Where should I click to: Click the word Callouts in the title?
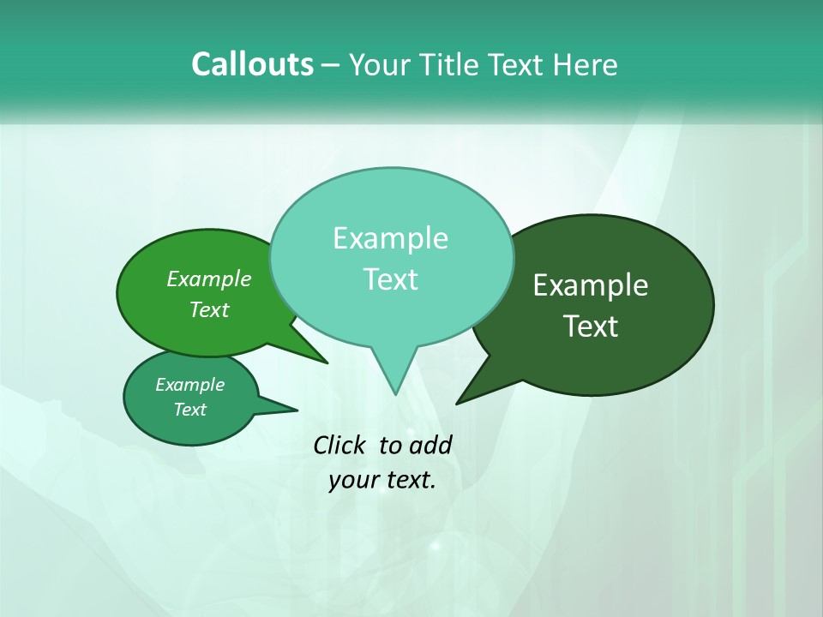tap(252, 64)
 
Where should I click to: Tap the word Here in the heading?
tap(586, 65)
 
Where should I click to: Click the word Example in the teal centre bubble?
tap(390, 238)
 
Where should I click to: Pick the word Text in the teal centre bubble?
tap(390, 279)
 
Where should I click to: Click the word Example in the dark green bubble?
tap(591, 285)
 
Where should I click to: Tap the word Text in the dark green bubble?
tap(591, 326)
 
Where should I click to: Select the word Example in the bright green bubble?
tap(209, 279)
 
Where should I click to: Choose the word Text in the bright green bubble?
tap(209, 310)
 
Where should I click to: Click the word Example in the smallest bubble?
tap(189, 385)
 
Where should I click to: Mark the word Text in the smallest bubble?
tap(189, 410)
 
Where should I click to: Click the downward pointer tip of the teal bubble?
tap(394, 393)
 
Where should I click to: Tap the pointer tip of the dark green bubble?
tap(458, 402)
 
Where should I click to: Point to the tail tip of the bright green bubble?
tap(327, 362)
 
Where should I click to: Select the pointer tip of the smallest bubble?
tap(297, 410)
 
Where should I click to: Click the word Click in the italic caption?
tap(339, 445)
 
